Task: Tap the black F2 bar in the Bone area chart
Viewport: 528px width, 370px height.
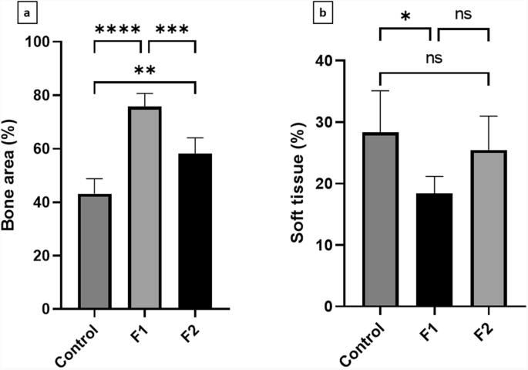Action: tap(195, 231)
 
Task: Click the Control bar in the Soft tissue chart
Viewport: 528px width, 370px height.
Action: tap(379, 219)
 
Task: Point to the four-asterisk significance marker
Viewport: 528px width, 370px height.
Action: tap(118, 30)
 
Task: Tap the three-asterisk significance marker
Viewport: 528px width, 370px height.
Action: tap(171, 30)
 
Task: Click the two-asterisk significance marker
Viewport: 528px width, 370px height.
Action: tap(145, 71)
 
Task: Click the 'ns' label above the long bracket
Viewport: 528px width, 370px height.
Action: tap(435, 57)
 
